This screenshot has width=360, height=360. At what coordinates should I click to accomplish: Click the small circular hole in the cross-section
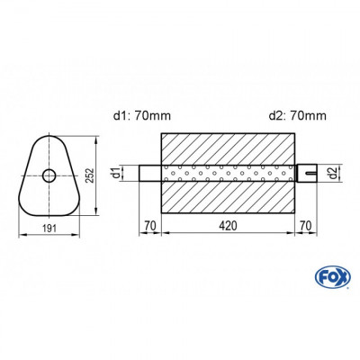pyautogui.click(x=49, y=175)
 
